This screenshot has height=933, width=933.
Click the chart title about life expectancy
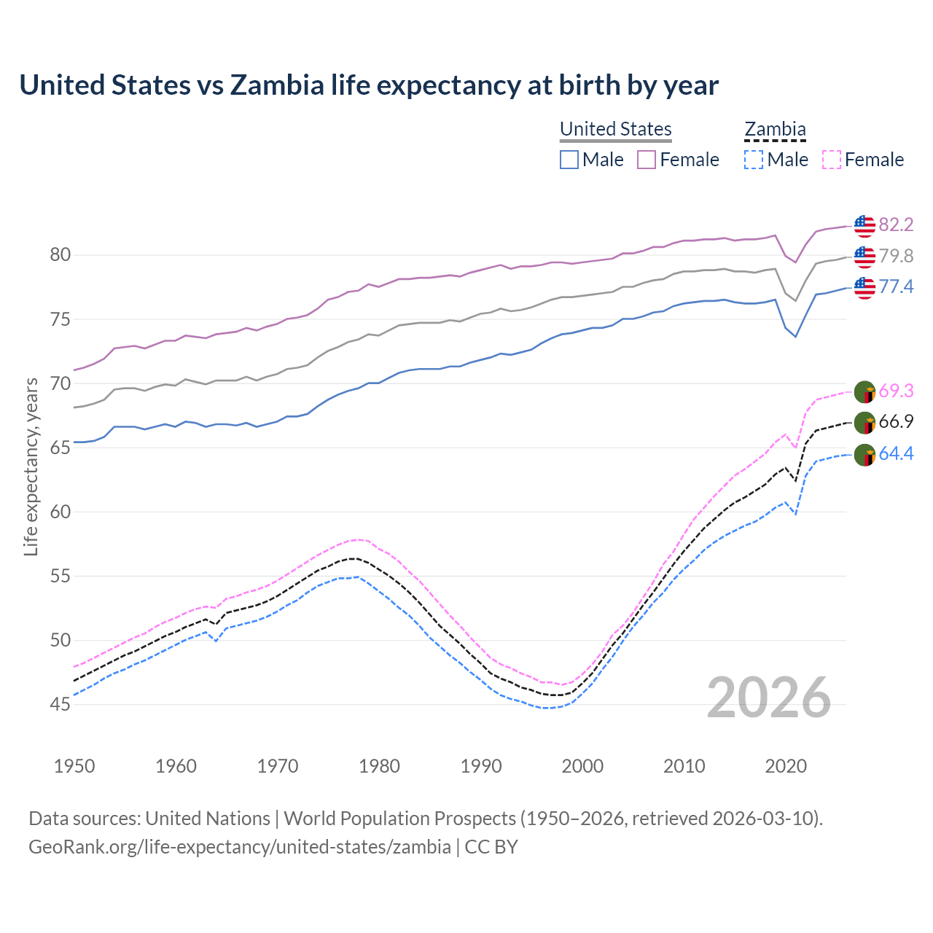369,85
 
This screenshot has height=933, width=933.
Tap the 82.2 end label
896,225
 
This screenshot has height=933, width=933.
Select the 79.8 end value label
896,256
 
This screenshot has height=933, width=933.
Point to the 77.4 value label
896,286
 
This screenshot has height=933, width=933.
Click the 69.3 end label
896,391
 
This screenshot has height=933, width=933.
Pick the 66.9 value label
896,422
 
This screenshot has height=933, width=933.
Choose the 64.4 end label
896,453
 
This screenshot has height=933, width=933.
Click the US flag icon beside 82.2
864,226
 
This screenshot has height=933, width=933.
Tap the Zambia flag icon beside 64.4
864,455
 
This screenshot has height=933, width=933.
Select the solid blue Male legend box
569,160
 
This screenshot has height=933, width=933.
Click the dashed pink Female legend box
832,160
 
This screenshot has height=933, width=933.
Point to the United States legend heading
615,129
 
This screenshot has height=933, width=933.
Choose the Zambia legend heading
775,129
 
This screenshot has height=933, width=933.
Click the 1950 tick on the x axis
74,766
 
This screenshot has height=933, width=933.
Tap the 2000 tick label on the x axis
582,766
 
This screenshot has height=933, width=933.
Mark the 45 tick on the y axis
60,704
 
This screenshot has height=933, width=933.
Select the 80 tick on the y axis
60,255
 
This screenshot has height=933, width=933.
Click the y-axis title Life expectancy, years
31,466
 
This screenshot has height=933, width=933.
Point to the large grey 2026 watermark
769,698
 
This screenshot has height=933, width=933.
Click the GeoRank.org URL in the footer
240,847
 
